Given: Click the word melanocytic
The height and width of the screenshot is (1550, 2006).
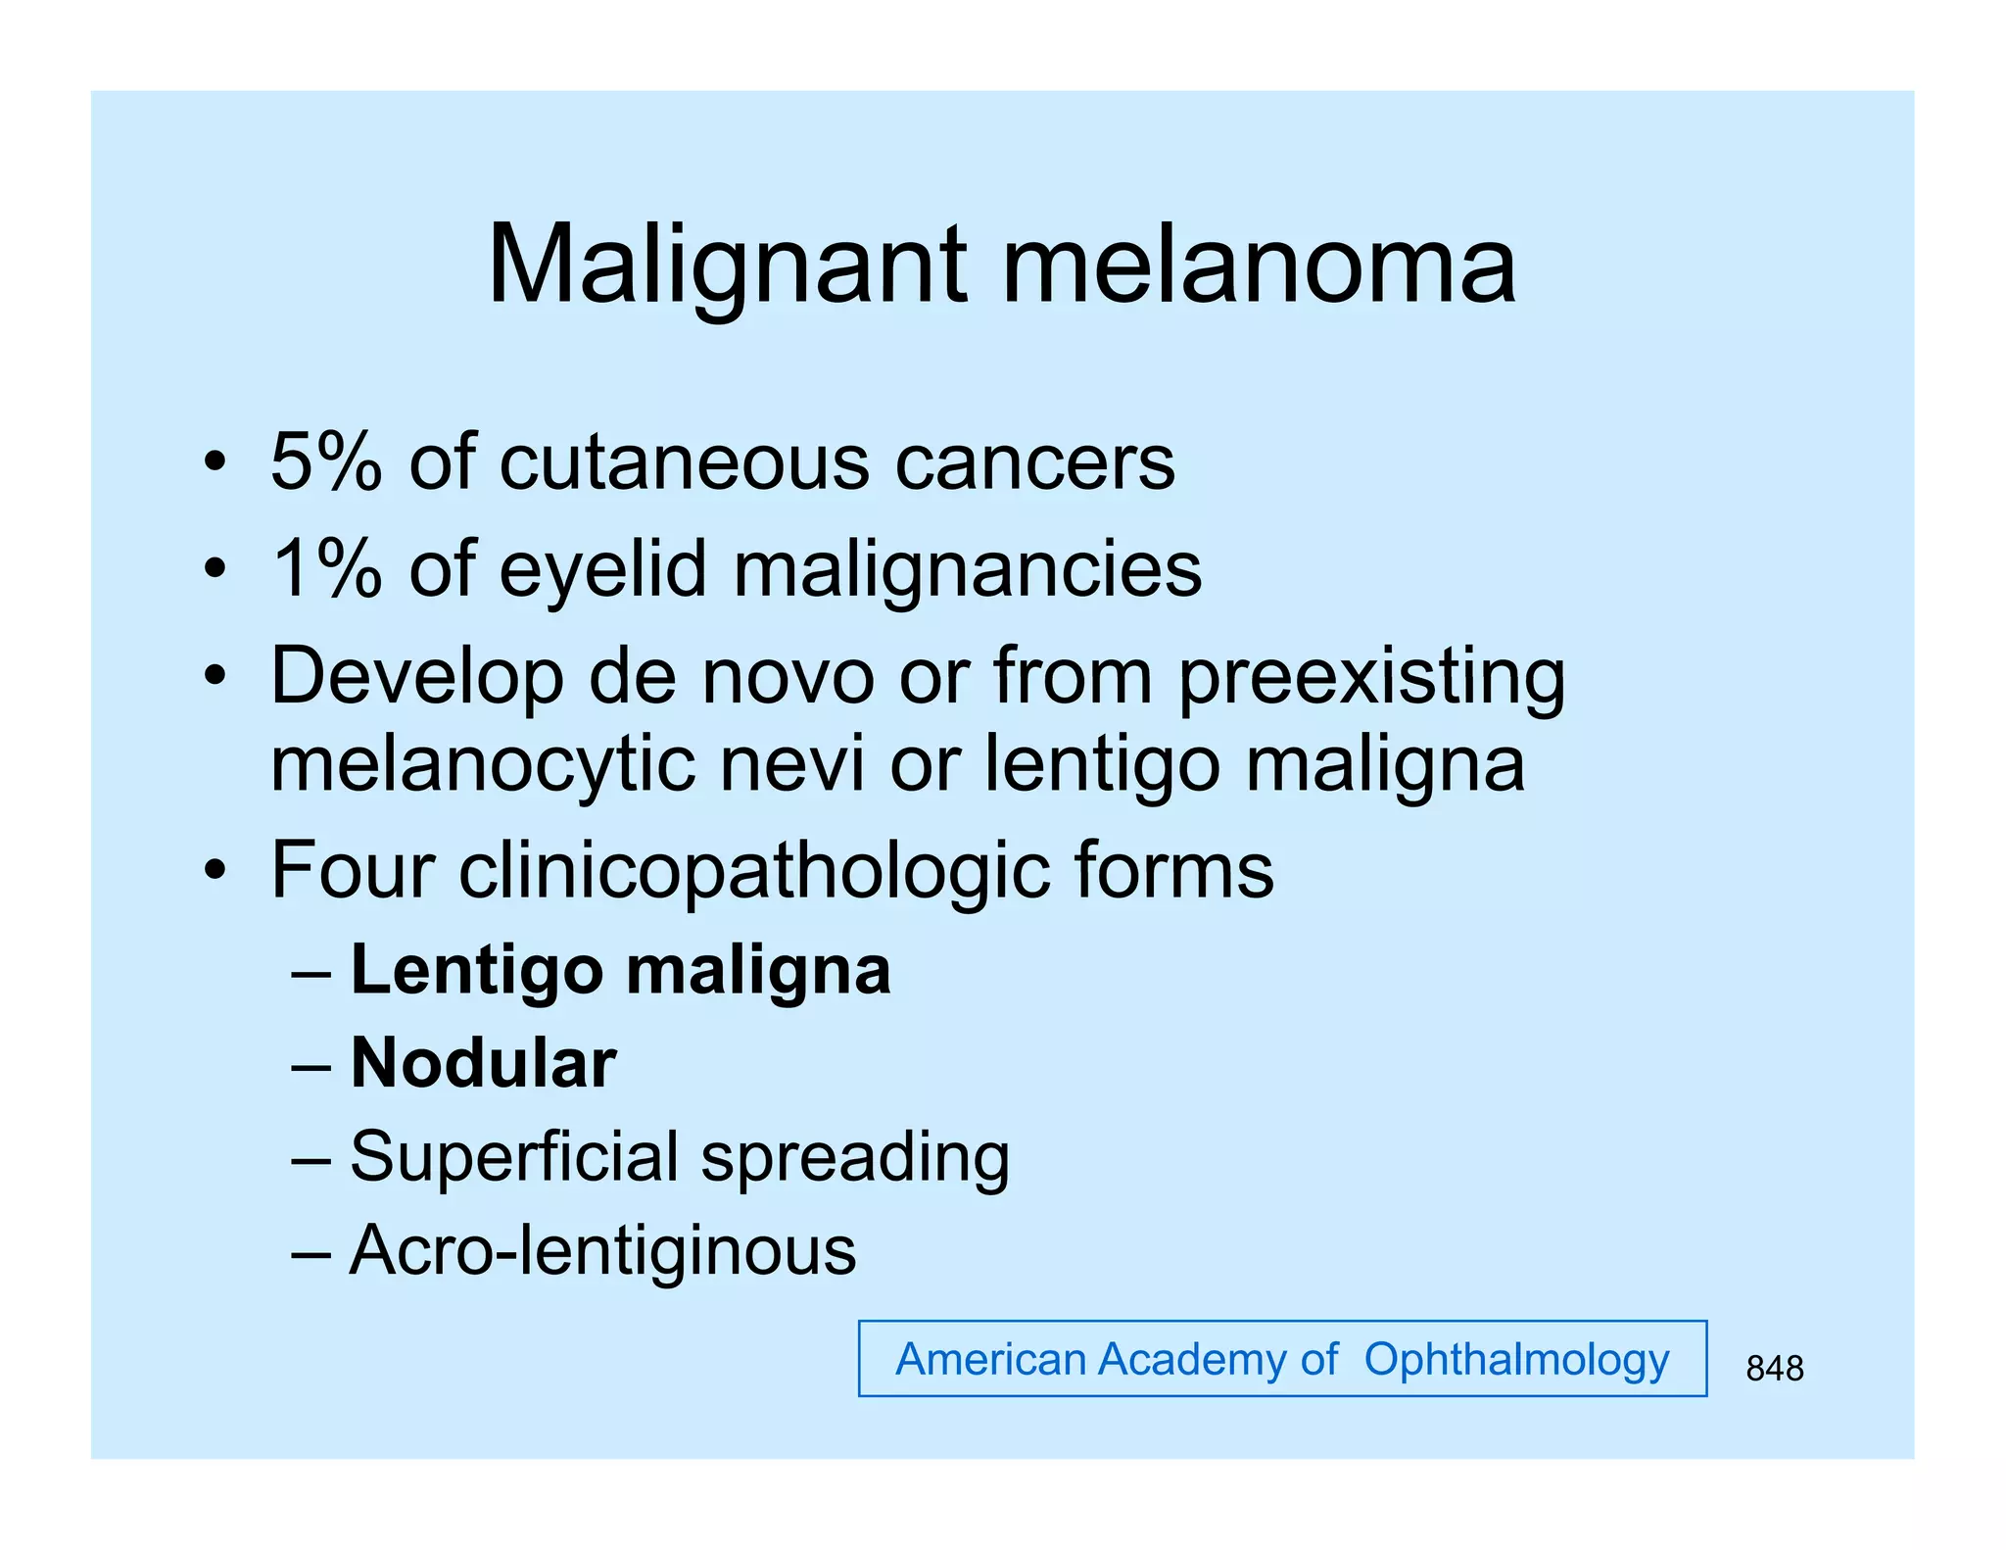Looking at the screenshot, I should pyautogui.click(x=482, y=763).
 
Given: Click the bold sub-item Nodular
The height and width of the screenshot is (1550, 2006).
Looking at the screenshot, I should pyautogui.click(x=484, y=1063).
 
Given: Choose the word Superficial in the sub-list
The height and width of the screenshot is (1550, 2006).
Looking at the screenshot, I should pyautogui.click(x=513, y=1157).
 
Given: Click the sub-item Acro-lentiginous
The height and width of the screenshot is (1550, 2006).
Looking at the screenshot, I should pyautogui.click(x=602, y=1250).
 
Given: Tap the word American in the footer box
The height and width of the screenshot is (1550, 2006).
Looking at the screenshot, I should pyautogui.click(x=991, y=1360).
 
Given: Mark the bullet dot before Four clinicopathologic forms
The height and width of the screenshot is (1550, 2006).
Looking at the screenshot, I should pyautogui.click(x=215, y=869).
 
